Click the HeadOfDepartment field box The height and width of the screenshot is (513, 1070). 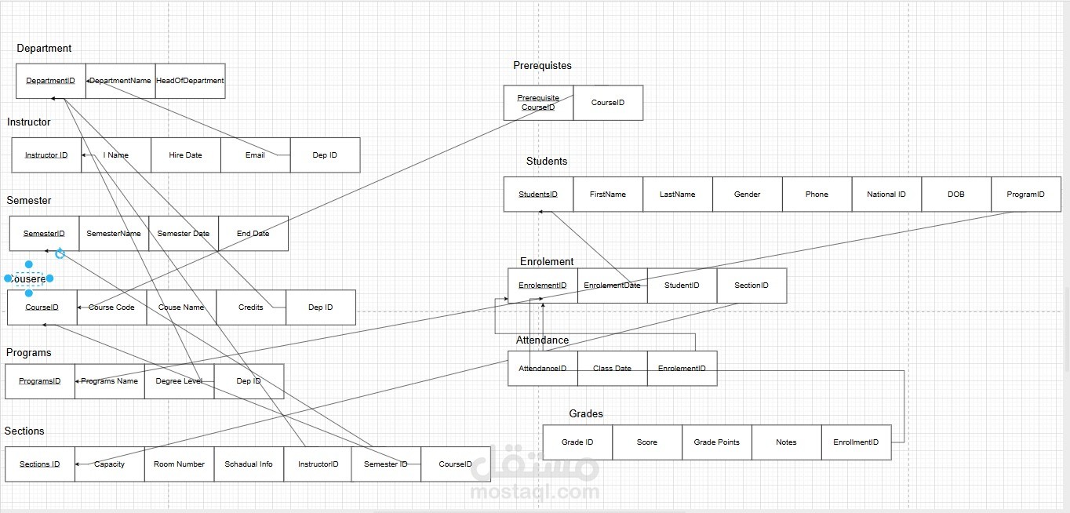[190, 81]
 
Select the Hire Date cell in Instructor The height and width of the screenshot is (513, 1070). [185, 155]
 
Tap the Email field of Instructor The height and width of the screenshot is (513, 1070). [255, 155]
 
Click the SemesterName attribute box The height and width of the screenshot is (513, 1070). [114, 234]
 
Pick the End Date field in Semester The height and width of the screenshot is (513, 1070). [253, 234]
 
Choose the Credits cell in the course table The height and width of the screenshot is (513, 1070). [251, 307]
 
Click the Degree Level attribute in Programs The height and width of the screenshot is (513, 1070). [179, 381]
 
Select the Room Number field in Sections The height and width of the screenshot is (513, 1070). [179, 464]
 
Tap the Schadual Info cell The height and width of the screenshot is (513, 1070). [249, 464]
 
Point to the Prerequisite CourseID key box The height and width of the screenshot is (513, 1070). [538, 103]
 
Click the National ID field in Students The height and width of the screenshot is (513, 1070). [886, 195]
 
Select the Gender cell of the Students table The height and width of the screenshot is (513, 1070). [747, 195]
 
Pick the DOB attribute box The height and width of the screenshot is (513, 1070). [955, 195]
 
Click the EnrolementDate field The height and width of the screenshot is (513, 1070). [612, 286]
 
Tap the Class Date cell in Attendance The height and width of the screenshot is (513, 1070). [612, 369]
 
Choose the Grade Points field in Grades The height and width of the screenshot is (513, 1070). [716, 442]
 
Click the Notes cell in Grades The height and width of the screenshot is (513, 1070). [786, 442]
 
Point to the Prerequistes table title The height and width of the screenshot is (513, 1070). [542, 66]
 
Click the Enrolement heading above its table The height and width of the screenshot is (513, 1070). [547, 262]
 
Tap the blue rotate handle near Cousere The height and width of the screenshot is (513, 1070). [60, 253]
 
